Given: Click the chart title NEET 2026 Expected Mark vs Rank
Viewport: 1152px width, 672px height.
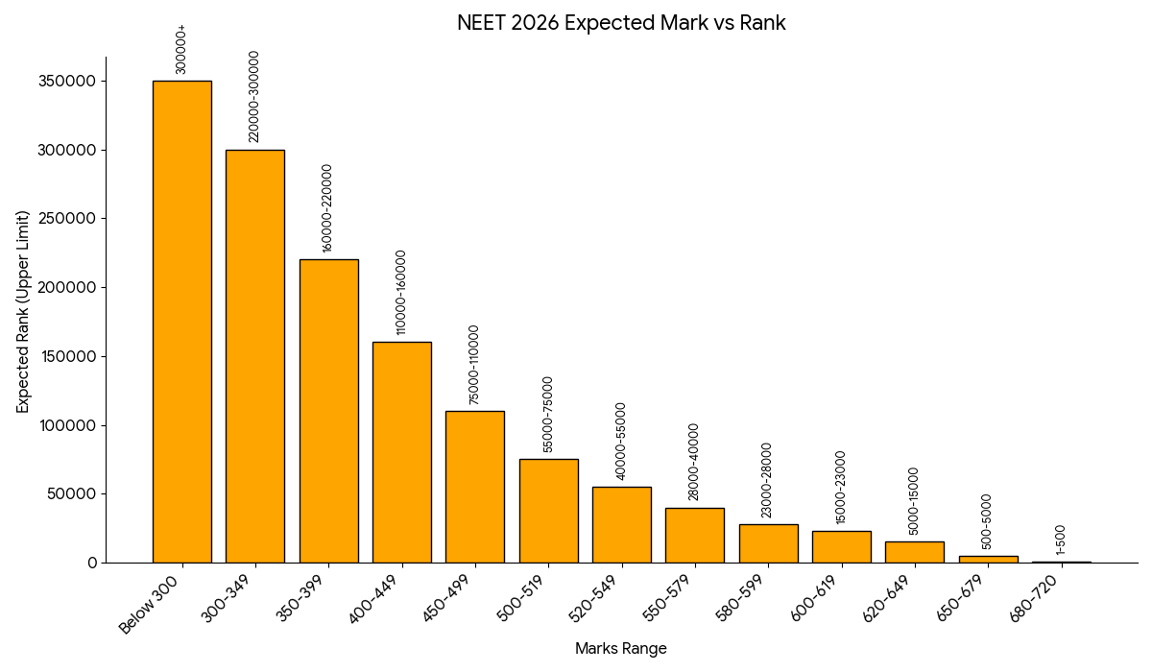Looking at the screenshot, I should [621, 23].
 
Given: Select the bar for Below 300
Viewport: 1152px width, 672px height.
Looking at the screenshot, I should [182, 322].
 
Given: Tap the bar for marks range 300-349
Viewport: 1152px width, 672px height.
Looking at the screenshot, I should [255, 356].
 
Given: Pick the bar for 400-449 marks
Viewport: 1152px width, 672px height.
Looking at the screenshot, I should [402, 452].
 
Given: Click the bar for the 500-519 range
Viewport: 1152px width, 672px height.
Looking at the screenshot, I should [549, 511].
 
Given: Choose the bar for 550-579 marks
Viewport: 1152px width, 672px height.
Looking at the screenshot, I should [695, 536].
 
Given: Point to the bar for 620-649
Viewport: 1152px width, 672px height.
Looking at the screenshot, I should [915, 552].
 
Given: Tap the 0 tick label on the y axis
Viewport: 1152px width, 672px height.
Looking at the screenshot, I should [92, 564].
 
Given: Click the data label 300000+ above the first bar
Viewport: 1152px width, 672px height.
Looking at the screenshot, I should [181, 50].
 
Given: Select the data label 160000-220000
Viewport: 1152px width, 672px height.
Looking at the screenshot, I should [327, 208].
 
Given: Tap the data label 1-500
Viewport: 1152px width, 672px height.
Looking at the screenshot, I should [1061, 540].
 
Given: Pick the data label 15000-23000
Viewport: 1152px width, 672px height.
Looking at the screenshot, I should [841, 487].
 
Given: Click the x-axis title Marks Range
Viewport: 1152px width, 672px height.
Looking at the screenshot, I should [621, 649].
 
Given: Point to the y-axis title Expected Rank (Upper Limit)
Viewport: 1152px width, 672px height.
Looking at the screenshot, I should [24, 312].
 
